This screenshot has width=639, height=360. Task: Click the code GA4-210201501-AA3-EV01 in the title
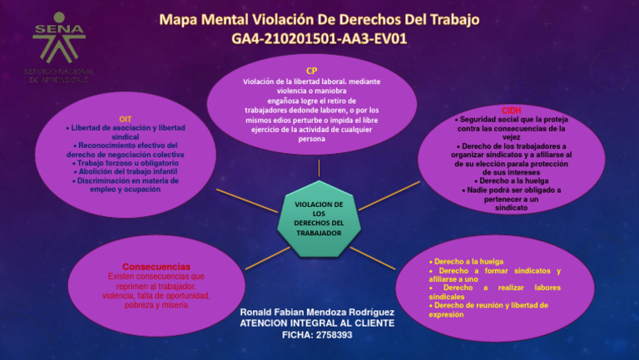coord(319,38)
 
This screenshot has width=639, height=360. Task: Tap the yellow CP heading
coord(311,71)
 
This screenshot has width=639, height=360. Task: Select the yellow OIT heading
coord(126,119)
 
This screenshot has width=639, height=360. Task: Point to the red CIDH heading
coord(512,111)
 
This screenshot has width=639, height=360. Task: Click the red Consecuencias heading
coord(156,267)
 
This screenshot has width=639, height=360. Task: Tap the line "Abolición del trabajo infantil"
coord(126,171)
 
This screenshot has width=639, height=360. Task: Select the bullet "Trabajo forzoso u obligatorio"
coord(126,163)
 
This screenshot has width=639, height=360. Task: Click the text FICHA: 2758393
coord(317,334)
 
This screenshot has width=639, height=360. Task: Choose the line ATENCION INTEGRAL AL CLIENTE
coord(317,323)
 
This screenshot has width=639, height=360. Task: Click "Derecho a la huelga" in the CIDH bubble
coord(512,180)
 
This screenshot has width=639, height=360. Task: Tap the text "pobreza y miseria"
coord(156,305)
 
